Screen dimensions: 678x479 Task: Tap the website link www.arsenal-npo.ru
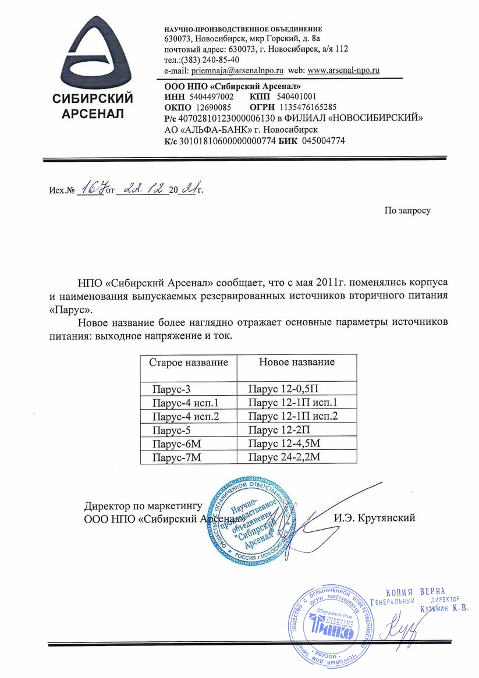[x=343, y=70]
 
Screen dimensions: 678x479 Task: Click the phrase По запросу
[x=407, y=210]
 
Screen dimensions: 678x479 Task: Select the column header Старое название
[x=189, y=363]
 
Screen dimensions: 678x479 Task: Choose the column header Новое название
[x=296, y=362]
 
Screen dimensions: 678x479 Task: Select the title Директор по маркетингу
[x=143, y=506]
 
